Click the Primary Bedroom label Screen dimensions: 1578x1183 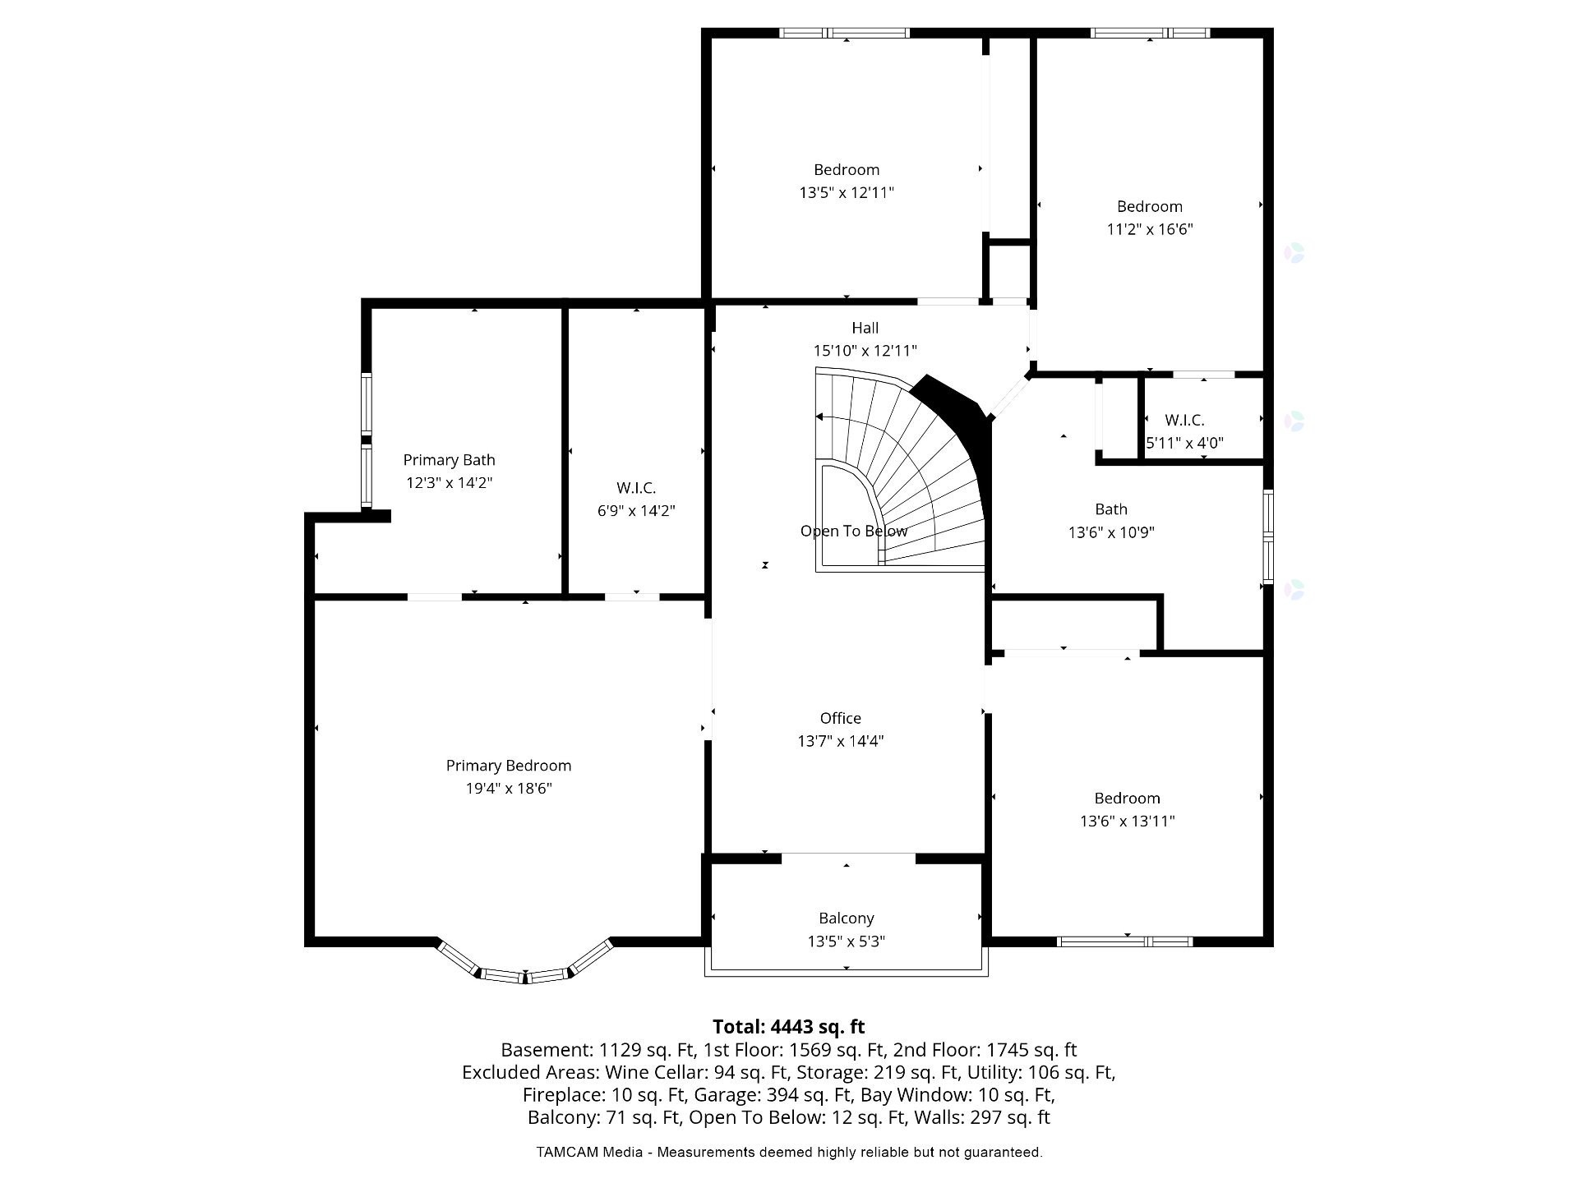click(x=509, y=766)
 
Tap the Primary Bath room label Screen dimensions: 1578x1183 click(x=449, y=460)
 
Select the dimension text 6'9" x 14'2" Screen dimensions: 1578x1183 click(x=636, y=511)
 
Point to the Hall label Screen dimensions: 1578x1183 click(x=865, y=328)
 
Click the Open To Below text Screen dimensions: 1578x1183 click(x=854, y=531)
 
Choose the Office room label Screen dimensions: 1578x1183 click(x=841, y=718)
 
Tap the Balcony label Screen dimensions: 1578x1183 click(x=847, y=918)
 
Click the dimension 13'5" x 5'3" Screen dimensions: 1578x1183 click(x=847, y=941)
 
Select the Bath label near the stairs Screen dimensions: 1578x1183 click(x=1111, y=509)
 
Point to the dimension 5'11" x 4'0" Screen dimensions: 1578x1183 click(x=1185, y=443)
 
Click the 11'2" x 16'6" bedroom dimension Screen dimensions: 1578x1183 click(x=1150, y=229)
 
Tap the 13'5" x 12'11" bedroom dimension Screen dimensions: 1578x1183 click(x=847, y=192)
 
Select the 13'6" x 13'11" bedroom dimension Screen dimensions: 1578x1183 click(x=1128, y=821)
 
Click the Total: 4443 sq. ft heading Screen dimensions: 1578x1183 click(x=789, y=1027)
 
